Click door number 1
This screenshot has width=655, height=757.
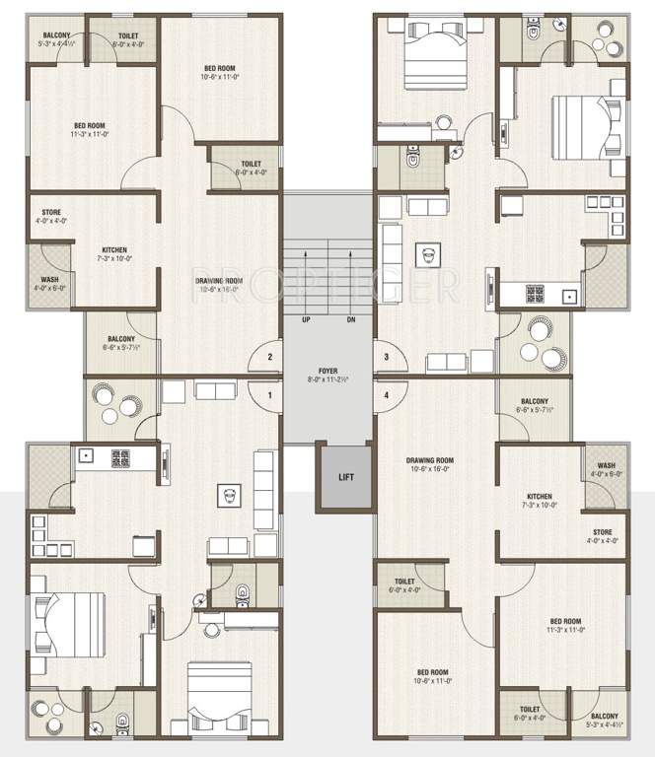click(x=269, y=395)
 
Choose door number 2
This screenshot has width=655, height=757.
click(x=269, y=357)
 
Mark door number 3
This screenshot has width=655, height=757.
click(x=386, y=357)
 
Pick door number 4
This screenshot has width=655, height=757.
click(x=386, y=395)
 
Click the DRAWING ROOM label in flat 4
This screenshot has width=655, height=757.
click(x=429, y=460)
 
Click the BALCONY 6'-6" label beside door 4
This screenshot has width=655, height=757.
click(x=536, y=402)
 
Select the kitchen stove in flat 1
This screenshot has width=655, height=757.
click(x=120, y=457)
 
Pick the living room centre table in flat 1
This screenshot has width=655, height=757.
click(x=229, y=498)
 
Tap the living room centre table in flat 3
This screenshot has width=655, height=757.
click(x=427, y=254)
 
